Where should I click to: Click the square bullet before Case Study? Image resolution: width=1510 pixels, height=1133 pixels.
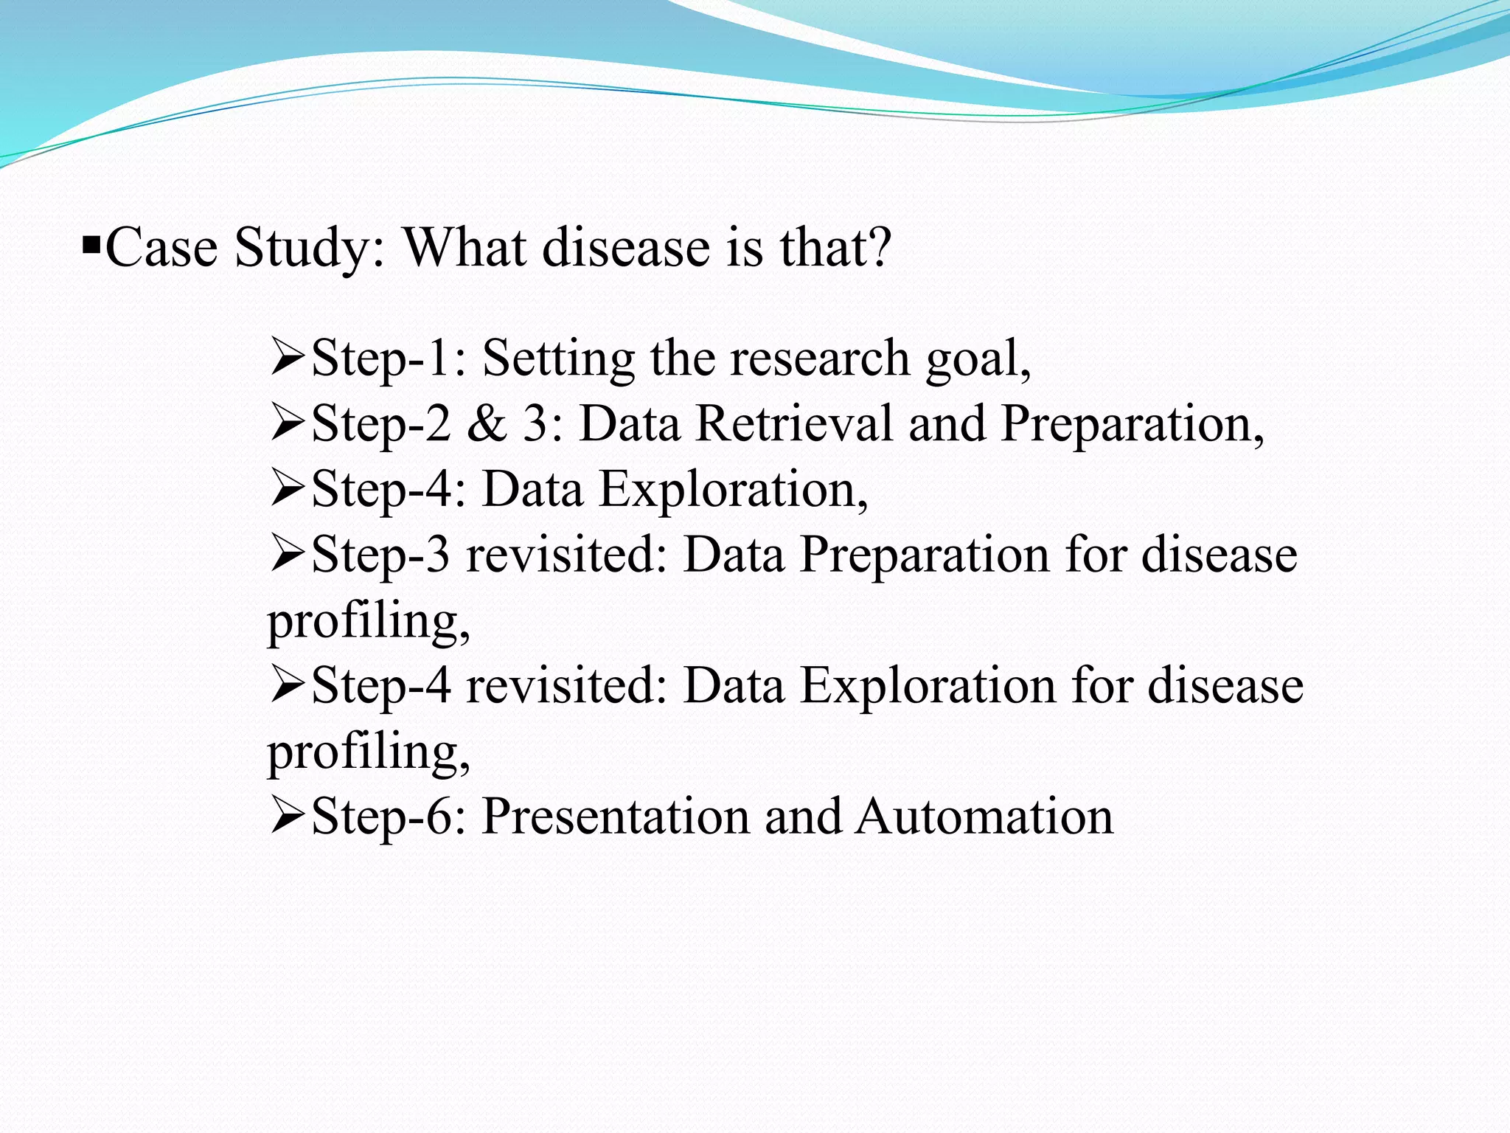click(91, 244)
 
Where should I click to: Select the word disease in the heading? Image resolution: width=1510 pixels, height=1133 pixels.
click(626, 247)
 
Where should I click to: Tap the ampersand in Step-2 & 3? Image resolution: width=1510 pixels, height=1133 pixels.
click(487, 424)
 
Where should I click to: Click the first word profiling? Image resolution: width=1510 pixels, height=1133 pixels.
click(368, 621)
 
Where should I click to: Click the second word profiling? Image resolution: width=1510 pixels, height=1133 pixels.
click(368, 752)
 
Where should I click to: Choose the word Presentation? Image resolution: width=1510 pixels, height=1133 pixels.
click(616, 817)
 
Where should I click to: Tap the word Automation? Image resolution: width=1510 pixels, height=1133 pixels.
click(984, 817)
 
